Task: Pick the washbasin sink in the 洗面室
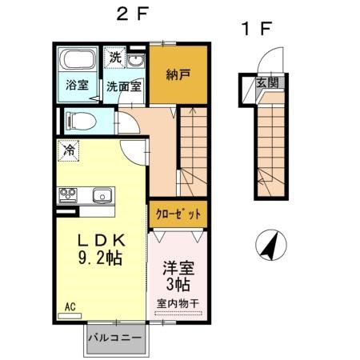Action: click(x=135, y=62)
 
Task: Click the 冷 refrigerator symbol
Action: click(x=70, y=150)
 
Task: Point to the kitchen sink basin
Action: click(x=101, y=195)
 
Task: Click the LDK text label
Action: click(x=100, y=241)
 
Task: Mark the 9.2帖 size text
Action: click(x=100, y=259)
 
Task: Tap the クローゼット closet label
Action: click(x=178, y=214)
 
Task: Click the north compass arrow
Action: click(x=271, y=244)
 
